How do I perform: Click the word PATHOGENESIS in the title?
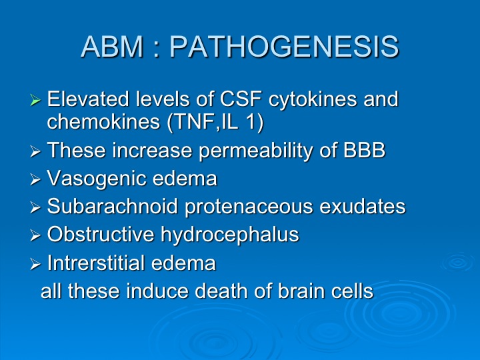(x=284, y=47)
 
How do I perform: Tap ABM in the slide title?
(x=112, y=47)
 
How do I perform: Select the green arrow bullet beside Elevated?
(x=35, y=100)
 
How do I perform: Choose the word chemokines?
(x=103, y=121)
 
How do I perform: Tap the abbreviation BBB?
(x=364, y=150)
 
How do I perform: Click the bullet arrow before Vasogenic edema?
(x=35, y=180)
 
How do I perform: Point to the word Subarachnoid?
(x=113, y=206)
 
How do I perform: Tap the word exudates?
(x=363, y=206)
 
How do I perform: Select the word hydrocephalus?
(x=229, y=235)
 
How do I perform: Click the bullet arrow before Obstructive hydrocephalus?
(x=35, y=235)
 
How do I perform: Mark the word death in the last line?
(x=221, y=290)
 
